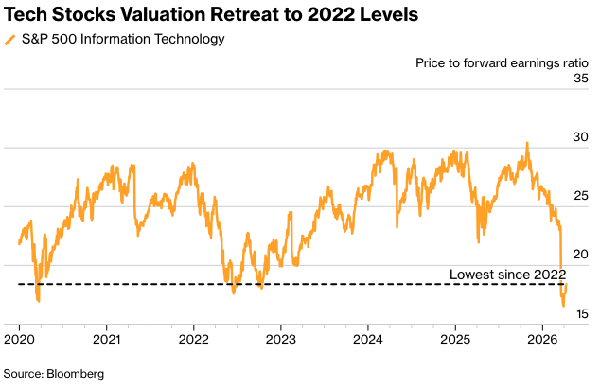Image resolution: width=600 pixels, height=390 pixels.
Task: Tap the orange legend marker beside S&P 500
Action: (9, 40)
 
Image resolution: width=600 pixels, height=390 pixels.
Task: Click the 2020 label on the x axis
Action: (20, 338)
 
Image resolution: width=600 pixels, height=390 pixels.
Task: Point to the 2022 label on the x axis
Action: (194, 338)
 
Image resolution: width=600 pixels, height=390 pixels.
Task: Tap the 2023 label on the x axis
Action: (281, 338)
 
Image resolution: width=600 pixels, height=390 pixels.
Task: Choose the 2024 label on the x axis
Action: (368, 338)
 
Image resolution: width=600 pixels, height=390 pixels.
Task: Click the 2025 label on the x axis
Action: (455, 338)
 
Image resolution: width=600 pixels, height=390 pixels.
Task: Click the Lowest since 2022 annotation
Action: (506, 275)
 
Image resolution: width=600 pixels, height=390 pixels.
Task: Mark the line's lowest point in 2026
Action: (563, 306)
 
